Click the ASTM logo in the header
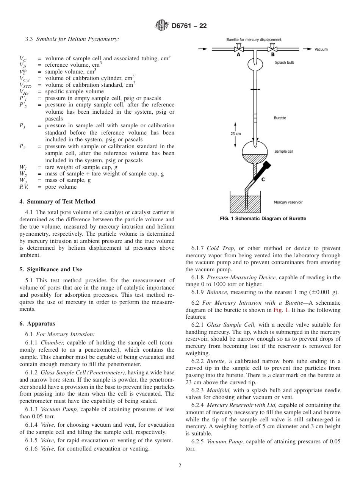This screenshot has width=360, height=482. (x=162, y=26)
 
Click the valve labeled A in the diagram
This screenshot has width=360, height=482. (x=238, y=49)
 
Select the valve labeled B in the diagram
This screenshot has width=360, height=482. (x=272, y=49)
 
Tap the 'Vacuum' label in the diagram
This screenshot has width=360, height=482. (x=321, y=49)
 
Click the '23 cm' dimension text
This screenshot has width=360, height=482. (x=235, y=133)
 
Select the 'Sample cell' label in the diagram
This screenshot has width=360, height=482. (x=283, y=151)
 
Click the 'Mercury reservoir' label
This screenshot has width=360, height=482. (x=288, y=202)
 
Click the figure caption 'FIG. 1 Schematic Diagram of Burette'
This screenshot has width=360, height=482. (x=263, y=219)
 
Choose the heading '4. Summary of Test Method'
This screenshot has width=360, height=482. (x=57, y=202)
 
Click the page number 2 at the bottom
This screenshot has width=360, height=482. (x=180, y=466)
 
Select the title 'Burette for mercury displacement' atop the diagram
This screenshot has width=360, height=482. (x=254, y=39)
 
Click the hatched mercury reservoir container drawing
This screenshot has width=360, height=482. (x=245, y=205)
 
